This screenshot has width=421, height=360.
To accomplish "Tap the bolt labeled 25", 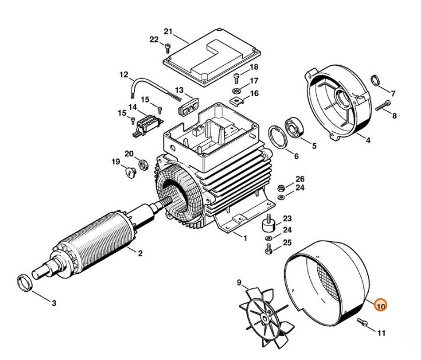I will click(x=268, y=249).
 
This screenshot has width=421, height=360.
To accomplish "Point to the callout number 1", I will click(x=244, y=238).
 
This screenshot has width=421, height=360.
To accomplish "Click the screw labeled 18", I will click(x=236, y=77).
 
